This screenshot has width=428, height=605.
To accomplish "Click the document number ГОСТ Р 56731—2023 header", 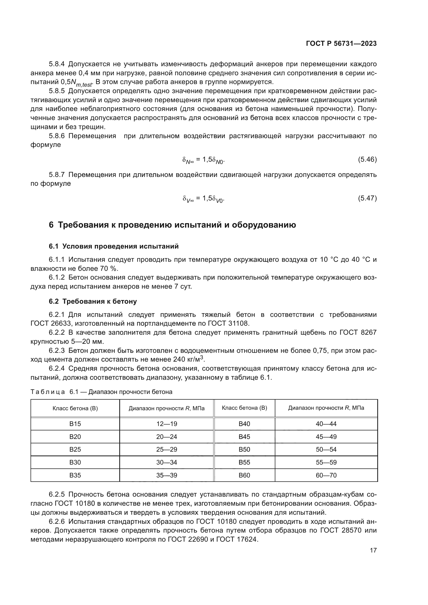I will point(341,44).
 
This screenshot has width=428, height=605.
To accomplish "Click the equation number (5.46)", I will point(367,159).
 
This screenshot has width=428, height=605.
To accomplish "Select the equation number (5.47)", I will point(367,198).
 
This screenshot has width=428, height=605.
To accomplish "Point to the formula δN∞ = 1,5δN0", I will point(203,160).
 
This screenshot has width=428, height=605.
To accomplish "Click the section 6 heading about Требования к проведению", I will point(172,225).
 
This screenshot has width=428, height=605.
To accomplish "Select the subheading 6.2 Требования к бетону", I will point(93,301).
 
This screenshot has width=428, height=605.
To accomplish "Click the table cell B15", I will point(75,424).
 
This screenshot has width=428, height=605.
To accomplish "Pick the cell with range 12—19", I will point(167,424).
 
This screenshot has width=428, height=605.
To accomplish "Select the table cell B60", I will point(244,475).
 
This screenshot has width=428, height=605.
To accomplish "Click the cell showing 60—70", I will point(326,475).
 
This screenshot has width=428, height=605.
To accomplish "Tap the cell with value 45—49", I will point(326,437).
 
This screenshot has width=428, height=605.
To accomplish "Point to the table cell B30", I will point(75,462).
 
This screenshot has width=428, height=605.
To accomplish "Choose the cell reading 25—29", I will point(167,449).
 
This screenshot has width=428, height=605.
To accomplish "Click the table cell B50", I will point(244,449).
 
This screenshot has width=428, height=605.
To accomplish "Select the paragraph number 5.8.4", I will point(57,64).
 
